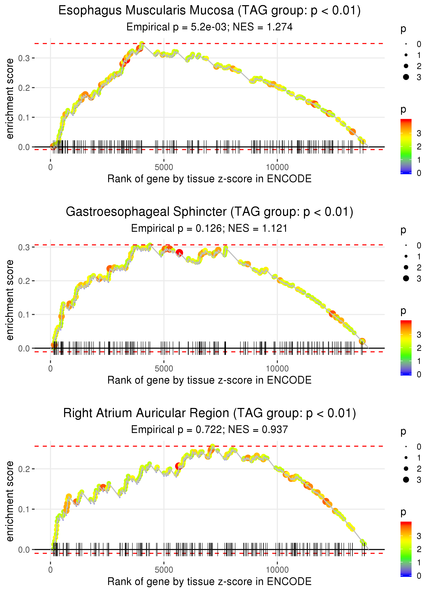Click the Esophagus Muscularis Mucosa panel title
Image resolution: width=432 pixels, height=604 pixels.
pyautogui.click(x=209, y=11)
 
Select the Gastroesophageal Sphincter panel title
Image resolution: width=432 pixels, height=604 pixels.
pyautogui.click(x=209, y=212)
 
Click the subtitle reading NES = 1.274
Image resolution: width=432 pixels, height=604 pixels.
pyautogui.click(x=262, y=27)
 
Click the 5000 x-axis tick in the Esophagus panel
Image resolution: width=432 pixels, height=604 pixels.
pyautogui.click(x=164, y=167)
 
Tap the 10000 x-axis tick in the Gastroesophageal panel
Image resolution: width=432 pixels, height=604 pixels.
pyautogui.click(x=277, y=369)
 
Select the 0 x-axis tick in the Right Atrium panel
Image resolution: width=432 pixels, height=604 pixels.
pyautogui.click(x=50, y=570)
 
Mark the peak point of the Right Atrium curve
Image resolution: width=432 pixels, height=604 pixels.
pyautogui.click(x=212, y=446)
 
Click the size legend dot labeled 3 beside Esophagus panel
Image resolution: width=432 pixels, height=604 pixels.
pyautogui.click(x=406, y=77)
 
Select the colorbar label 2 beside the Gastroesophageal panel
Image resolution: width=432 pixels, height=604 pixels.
pyautogui.click(x=419, y=348)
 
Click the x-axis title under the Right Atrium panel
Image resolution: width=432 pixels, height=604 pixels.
pyautogui.click(x=209, y=582)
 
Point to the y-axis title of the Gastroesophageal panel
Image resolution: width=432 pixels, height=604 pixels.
pyautogui.click(x=10, y=300)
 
